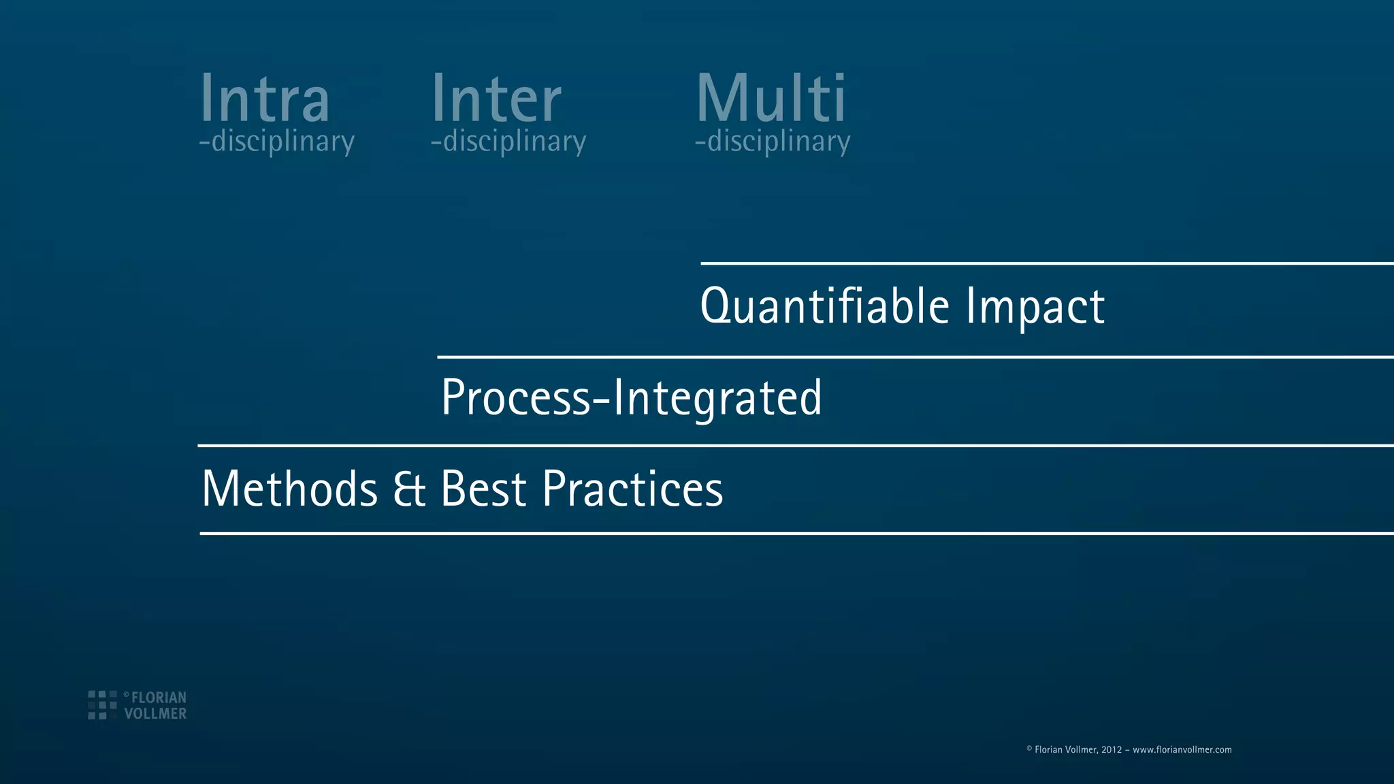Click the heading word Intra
click(264, 99)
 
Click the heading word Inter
click(496, 99)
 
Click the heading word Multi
click(771, 99)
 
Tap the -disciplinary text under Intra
click(277, 142)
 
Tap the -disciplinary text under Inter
click(508, 142)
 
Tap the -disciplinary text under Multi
click(773, 142)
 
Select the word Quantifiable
click(824, 306)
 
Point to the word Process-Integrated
click(631, 397)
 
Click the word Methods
click(290, 489)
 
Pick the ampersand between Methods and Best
click(410, 489)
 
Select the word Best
click(483, 489)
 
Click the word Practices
click(632, 489)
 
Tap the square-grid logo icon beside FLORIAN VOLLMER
click(102, 705)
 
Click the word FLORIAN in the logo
click(159, 698)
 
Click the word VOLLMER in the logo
click(155, 713)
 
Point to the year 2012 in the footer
click(1112, 749)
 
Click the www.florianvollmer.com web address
click(1182, 749)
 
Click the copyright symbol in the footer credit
click(1029, 749)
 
